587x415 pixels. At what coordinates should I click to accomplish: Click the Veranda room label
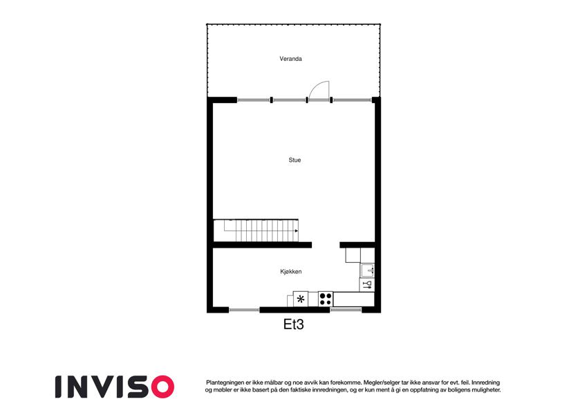pyautogui.click(x=290, y=59)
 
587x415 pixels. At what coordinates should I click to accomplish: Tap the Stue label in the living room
pyautogui.click(x=295, y=160)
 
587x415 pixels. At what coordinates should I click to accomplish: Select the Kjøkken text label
pyautogui.click(x=291, y=272)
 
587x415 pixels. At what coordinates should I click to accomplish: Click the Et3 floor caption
pyautogui.click(x=293, y=324)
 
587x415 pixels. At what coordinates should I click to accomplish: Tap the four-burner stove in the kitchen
pyautogui.click(x=326, y=299)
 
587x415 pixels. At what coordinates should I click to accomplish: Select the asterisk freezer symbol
pyautogui.click(x=301, y=299)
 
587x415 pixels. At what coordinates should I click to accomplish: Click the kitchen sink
pyautogui.click(x=367, y=270)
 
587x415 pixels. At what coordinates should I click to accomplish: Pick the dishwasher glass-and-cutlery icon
pyautogui.click(x=367, y=285)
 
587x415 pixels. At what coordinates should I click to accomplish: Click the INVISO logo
pyautogui.click(x=115, y=387)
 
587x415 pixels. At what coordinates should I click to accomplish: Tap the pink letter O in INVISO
pyautogui.click(x=163, y=387)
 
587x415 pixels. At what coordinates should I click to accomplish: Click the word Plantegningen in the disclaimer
pyautogui.click(x=224, y=382)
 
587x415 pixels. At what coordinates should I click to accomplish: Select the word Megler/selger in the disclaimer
pyautogui.click(x=380, y=382)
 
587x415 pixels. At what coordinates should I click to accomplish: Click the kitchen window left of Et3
pyautogui.click(x=244, y=310)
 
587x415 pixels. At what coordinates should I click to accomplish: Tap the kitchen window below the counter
pyautogui.click(x=346, y=310)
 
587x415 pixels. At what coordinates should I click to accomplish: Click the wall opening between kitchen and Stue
pyautogui.click(x=326, y=245)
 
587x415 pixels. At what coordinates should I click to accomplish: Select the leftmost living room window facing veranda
pyautogui.click(x=254, y=100)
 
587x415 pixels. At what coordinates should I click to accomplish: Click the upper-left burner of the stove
pyautogui.click(x=322, y=295)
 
